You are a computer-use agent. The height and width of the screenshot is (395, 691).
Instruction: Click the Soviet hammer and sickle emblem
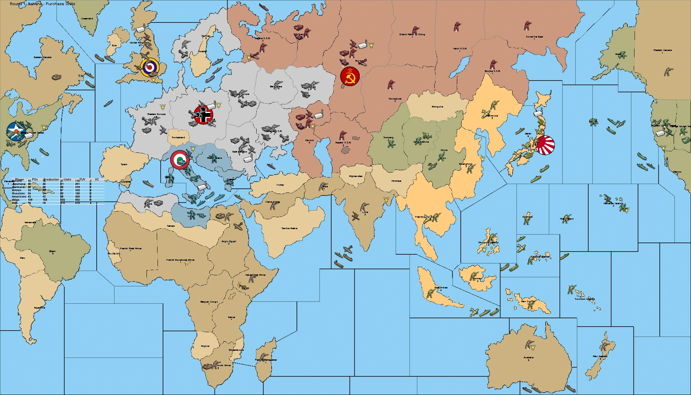tap(350, 76)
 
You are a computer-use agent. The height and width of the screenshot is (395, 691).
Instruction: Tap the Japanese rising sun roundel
tap(545, 145)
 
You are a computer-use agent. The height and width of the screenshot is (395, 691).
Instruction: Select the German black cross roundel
tap(204, 115)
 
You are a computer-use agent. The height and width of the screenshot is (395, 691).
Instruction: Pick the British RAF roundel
tap(150, 68)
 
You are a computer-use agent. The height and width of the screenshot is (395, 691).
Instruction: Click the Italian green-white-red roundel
tap(180, 160)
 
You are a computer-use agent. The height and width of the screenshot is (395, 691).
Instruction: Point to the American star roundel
tap(16, 132)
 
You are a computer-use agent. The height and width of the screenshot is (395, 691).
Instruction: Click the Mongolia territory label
tap(437, 107)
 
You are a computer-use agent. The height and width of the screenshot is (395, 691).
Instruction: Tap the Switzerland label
tap(178, 137)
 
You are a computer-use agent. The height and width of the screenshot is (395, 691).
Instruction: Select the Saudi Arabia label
tap(289, 228)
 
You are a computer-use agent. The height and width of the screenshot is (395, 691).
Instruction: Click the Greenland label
tap(87, 19)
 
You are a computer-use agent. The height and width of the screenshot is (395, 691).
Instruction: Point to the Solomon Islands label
tap(585, 299)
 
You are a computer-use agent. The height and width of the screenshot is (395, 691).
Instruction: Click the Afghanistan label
tap(356, 176)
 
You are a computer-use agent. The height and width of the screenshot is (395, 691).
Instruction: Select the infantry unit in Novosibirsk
tap(391, 85)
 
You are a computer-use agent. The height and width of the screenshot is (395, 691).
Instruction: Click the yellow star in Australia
tap(533, 347)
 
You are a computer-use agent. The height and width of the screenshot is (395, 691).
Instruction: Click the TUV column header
tap(82, 179)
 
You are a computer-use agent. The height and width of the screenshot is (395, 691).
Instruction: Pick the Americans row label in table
tap(19, 196)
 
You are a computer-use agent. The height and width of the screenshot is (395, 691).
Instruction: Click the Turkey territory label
tap(280, 185)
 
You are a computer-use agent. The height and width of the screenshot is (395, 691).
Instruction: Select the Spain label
tap(124, 164)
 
